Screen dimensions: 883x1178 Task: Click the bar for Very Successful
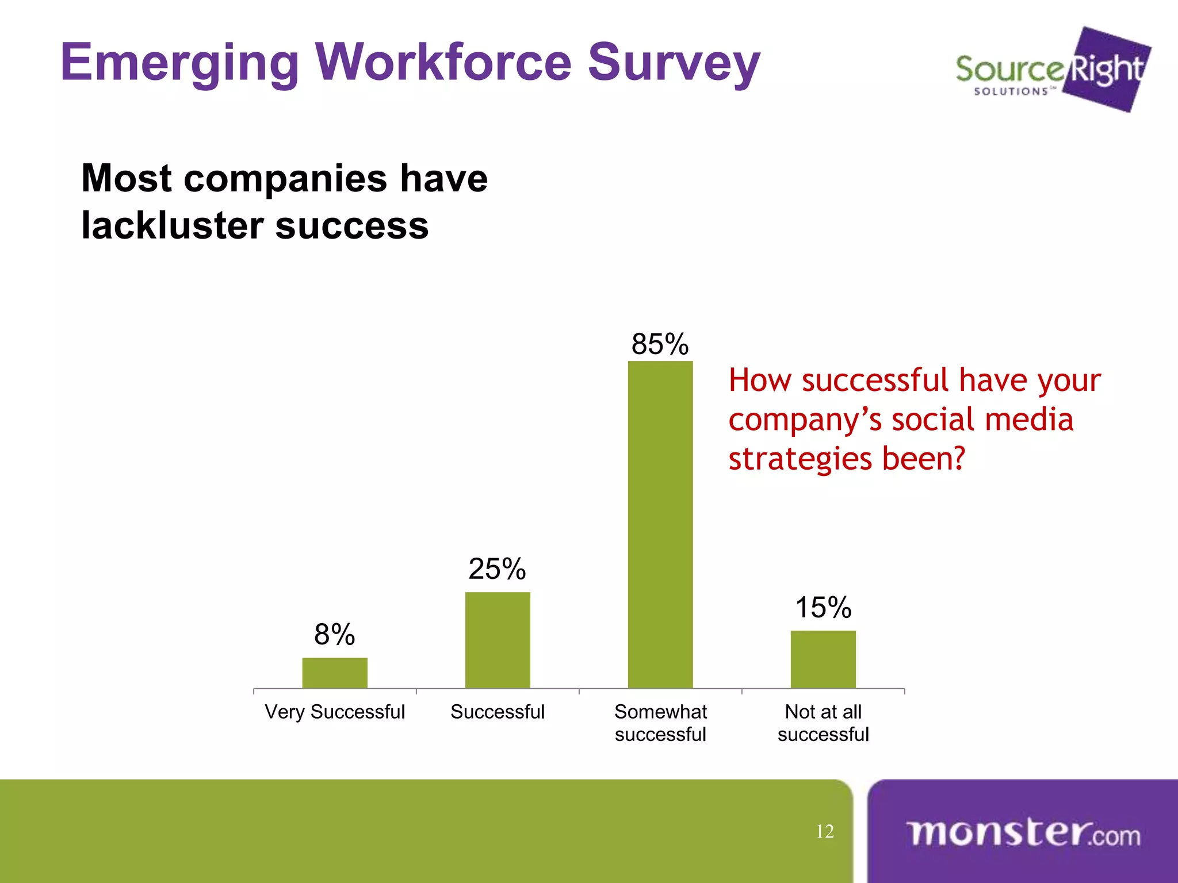click(335, 673)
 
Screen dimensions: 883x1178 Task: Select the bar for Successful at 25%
click(498, 640)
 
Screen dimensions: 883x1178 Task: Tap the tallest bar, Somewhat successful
click(660, 524)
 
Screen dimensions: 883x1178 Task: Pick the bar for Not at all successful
click(823, 659)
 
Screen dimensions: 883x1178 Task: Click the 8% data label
click(334, 635)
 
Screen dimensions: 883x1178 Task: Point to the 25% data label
click(497, 569)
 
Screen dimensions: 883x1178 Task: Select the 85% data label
click(660, 344)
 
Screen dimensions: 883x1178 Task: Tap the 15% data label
click(823, 608)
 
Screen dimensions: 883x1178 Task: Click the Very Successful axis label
click(335, 712)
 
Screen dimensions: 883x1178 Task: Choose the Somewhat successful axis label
click(660, 723)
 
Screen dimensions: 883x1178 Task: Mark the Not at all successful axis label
click(823, 723)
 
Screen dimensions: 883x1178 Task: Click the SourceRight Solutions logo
click(1053, 70)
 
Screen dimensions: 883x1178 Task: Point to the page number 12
click(825, 831)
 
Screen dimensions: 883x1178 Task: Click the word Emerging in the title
click(179, 63)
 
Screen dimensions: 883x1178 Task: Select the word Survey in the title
click(674, 63)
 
